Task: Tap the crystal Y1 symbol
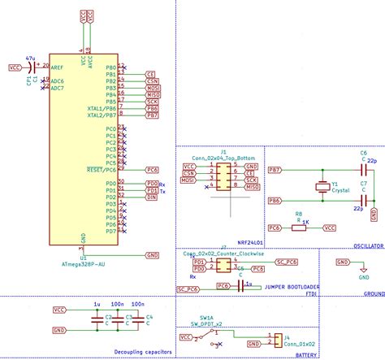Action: coord(322,186)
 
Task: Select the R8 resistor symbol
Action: coord(299,228)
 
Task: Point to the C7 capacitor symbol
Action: coord(364,201)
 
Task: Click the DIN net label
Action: coord(151,197)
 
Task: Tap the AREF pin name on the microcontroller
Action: coord(58,67)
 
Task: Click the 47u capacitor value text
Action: coord(30,59)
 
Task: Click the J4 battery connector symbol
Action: coord(277,339)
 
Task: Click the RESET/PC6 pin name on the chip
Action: coord(102,169)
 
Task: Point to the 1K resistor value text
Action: coord(305,221)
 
